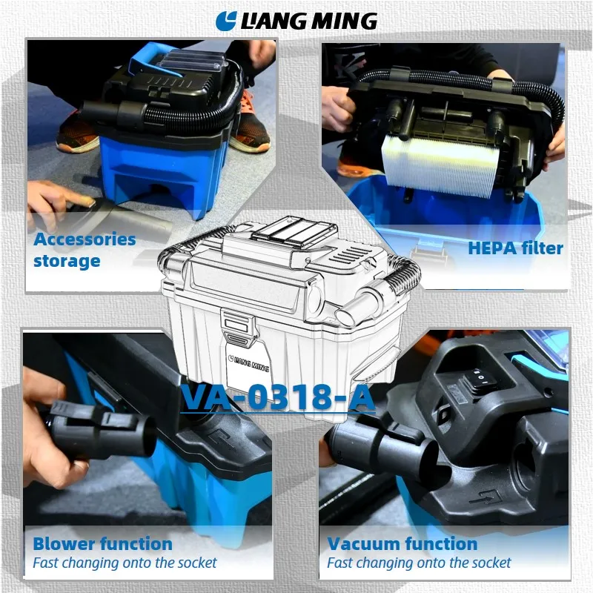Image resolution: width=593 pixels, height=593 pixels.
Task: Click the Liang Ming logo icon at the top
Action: [x=225, y=21]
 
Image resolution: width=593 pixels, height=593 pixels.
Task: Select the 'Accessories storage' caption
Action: [x=85, y=250]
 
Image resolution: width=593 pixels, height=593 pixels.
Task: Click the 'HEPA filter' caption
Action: [x=515, y=248]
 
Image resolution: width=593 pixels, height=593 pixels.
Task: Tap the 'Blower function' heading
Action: [x=102, y=544]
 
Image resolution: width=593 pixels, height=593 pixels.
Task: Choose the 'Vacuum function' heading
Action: [x=402, y=544]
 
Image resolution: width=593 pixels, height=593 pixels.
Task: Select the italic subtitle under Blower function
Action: [x=125, y=563]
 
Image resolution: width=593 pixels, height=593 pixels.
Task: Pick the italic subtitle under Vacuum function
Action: [x=419, y=563]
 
